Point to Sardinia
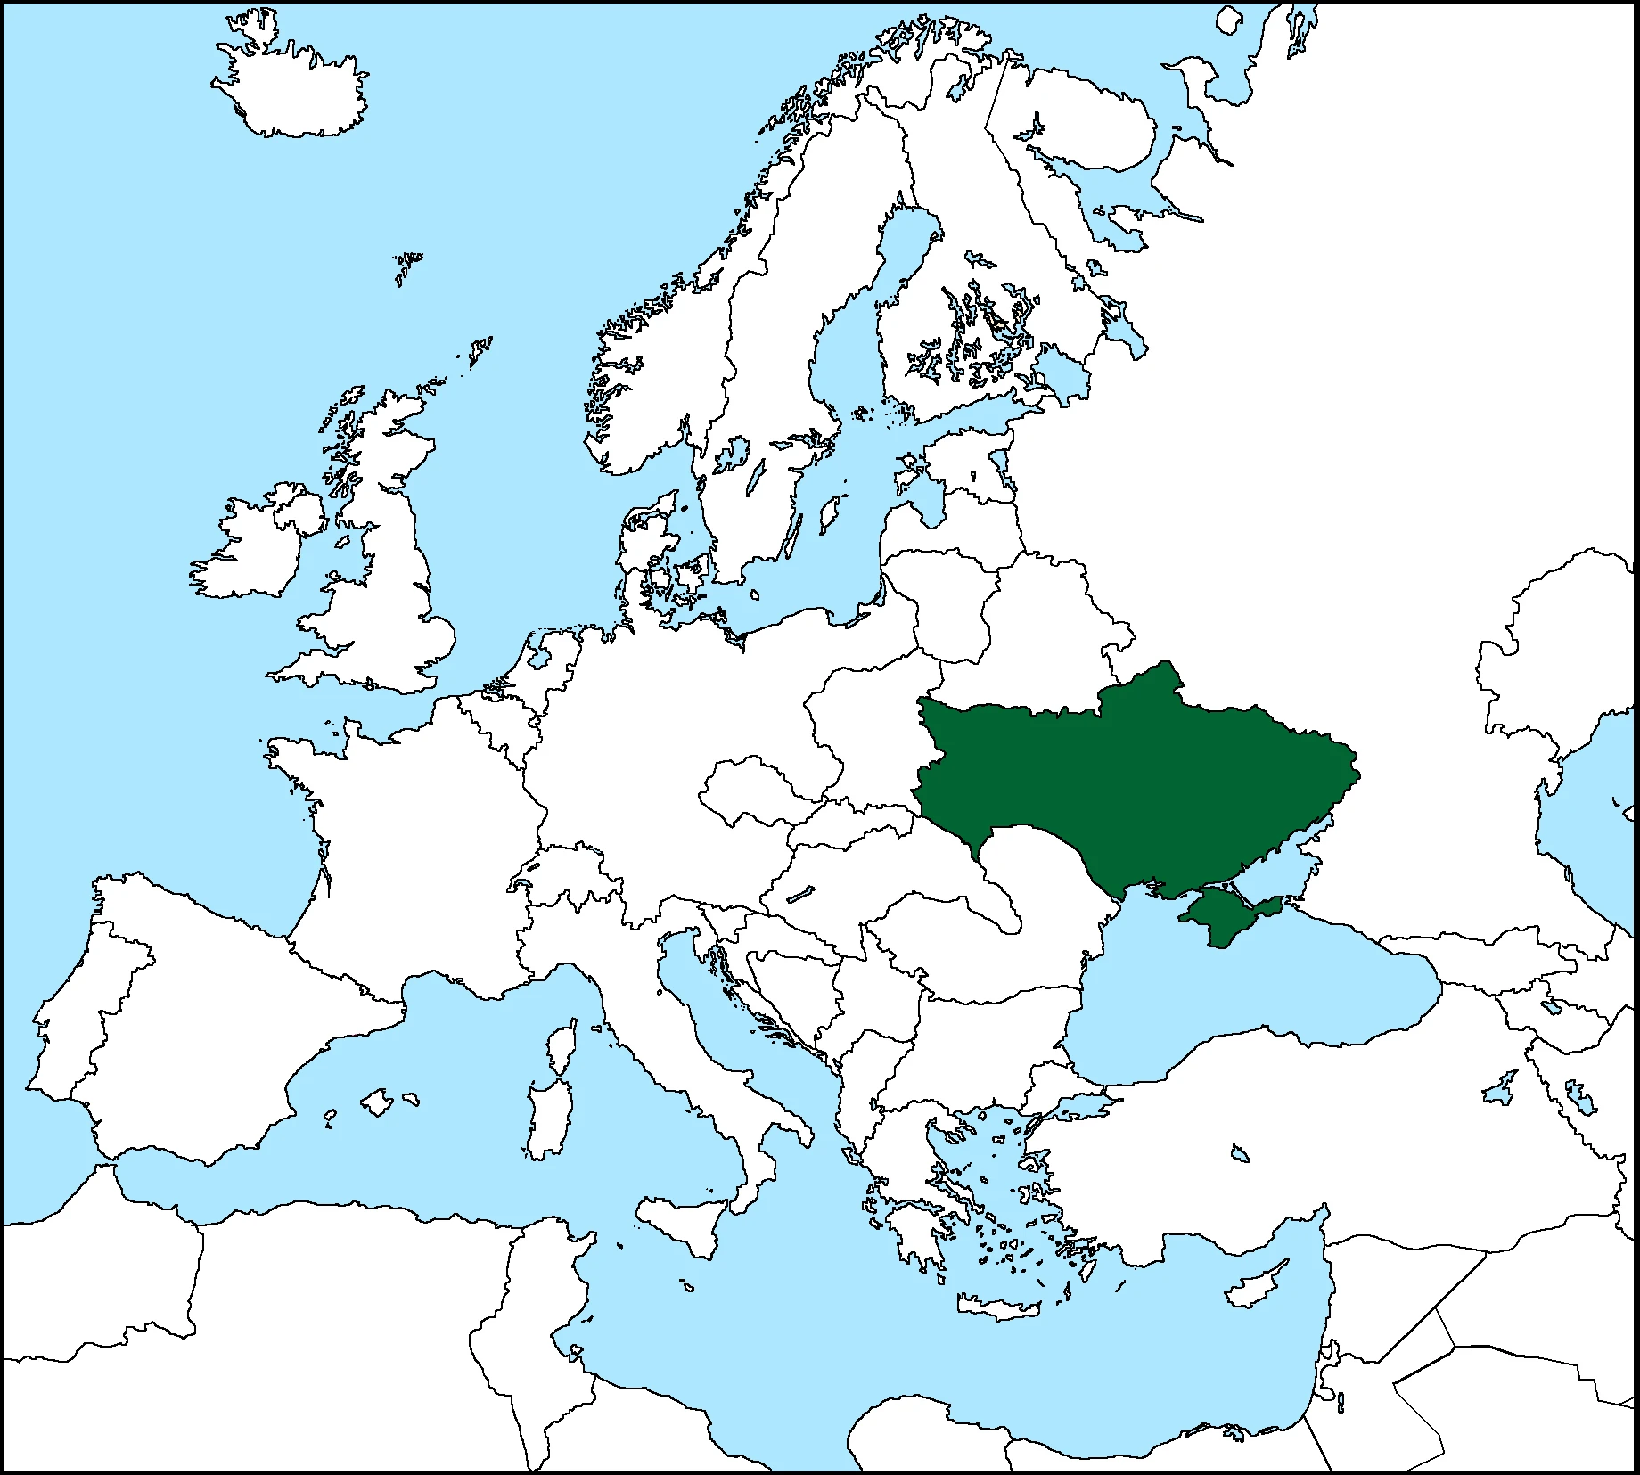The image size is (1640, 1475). point(545,1119)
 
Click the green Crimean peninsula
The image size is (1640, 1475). point(1226,914)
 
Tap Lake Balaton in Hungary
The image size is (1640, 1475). point(801,893)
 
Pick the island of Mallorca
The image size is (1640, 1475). point(378,1102)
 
